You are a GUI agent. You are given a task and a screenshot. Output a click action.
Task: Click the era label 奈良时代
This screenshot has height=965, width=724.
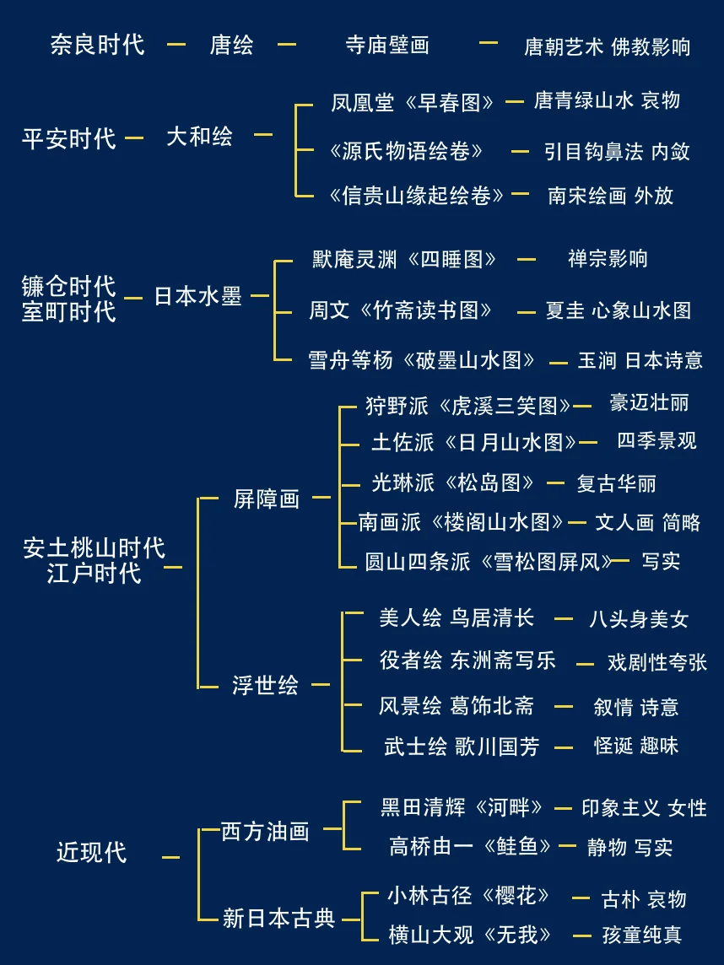coord(97,44)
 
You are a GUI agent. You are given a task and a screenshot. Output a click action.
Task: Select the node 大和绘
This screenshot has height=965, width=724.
coord(199,137)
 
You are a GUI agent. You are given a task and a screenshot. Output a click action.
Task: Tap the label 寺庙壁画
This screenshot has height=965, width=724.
coord(387,45)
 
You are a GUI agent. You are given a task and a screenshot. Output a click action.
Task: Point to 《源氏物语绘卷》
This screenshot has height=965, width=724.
coord(406,151)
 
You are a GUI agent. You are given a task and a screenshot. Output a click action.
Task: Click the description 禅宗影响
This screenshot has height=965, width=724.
coord(608,258)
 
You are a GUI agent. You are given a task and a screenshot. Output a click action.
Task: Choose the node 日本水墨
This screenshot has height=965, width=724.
coord(197,296)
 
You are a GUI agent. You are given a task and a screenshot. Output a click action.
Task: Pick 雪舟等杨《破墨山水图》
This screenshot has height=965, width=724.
coord(422,360)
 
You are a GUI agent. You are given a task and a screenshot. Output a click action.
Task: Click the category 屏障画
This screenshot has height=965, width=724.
coord(267,499)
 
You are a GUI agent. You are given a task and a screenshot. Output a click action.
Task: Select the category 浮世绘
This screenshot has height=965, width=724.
coord(265,685)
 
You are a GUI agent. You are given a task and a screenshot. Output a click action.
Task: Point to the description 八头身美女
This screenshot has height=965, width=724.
coord(639,620)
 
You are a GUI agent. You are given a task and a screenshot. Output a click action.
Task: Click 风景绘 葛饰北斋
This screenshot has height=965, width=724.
coord(457,706)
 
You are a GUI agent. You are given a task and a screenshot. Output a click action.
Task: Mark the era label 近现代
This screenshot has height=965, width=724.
coord(91,852)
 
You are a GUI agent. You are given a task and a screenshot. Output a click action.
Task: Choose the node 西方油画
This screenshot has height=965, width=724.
coord(265,832)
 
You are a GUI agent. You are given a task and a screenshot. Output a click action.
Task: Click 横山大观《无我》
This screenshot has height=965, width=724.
coord(470,934)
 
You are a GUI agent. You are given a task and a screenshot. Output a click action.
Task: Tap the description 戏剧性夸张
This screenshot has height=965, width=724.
coord(657,662)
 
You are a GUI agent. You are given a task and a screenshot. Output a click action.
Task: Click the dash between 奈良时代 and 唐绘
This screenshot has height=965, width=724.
coord(176,44)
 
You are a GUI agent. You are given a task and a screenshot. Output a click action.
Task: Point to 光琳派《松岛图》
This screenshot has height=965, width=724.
coord(453,482)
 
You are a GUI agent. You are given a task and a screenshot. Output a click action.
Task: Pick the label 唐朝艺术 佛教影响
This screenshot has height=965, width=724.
coord(607,46)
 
